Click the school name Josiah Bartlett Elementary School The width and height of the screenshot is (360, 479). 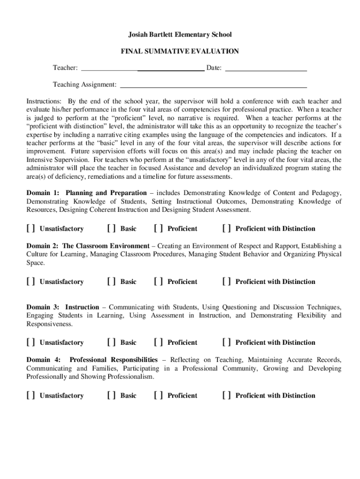click(x=180, y=35)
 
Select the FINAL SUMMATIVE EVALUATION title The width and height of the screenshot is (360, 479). click(x=180, y=51)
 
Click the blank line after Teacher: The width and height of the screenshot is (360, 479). click(x=143, y=68)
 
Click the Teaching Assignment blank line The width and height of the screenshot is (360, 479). click(x=213, y=85)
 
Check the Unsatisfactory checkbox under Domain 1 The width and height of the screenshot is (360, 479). click(x=30, y=229)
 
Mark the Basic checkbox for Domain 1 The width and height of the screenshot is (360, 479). click(x=111, y=229)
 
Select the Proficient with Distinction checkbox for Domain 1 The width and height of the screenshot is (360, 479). click(x=226, y=229)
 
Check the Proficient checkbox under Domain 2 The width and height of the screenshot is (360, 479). click(x=158, y=282)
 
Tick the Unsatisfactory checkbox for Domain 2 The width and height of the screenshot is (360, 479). click(x=30, y=282)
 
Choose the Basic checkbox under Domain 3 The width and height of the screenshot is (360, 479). click(x=111, y=342)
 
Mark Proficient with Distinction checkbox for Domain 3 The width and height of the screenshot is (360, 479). click(x=226, y=342)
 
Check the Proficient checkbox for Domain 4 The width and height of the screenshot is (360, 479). click(x=158, y=396)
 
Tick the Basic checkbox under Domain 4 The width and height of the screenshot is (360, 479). click(x=111, y=396)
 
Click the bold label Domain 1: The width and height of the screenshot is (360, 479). click(x=43, y=193)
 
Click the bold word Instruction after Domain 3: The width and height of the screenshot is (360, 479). click(x=82, y=307)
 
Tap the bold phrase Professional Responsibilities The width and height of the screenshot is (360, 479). click(x=113, y=360)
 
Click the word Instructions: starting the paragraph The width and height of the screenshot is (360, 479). click(x=43, y=102)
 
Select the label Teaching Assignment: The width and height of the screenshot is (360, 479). click(x=85, y=85)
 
